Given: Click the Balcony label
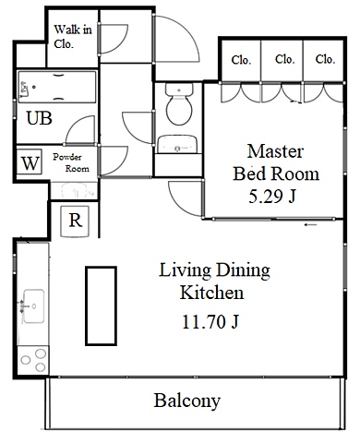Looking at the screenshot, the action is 187,401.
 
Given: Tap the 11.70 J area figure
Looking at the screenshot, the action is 210,322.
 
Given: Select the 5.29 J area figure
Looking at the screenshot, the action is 272,197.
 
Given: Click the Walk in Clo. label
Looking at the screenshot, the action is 73,37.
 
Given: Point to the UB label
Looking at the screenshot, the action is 39,118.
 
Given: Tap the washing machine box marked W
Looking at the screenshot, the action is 30,162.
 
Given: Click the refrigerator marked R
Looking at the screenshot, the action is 75,221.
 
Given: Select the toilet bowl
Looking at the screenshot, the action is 179,103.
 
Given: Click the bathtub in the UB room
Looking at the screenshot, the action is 57,87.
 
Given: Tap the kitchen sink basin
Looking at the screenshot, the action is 33,306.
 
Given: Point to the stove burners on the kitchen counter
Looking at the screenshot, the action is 33,360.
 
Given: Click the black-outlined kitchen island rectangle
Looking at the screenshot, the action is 101,306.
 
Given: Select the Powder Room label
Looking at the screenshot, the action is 71,162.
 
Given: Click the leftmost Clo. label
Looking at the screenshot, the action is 241,60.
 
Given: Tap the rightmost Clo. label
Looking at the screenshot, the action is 325,59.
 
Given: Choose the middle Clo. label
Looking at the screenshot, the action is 285,59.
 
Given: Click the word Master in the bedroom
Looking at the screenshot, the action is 275,151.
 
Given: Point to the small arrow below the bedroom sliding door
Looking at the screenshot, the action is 311,225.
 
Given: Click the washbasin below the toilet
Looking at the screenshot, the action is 177,144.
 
